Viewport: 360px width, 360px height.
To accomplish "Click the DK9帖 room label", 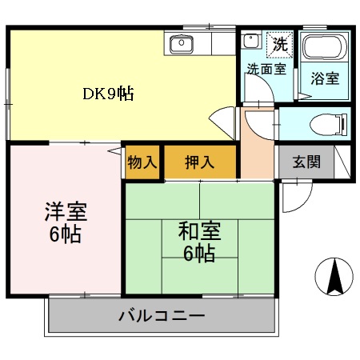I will [x=108, y=94].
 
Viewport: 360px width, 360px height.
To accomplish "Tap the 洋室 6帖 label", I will [x=65, y=224].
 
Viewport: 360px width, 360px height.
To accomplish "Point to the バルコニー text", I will [x=162, y=315].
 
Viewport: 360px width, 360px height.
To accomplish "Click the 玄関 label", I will [x=306, y=162].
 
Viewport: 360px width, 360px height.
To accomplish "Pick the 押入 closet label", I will [x=200, y=162].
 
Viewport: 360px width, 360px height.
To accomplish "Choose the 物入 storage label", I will [x=142, y=162].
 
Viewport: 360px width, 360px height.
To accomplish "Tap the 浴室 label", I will [x=323, y=78].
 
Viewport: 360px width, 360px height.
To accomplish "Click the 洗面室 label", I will [x=266, y=69].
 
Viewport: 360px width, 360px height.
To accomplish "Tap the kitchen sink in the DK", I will [x=182, y=43].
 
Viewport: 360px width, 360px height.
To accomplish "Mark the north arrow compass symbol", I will [x=334, y=277].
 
